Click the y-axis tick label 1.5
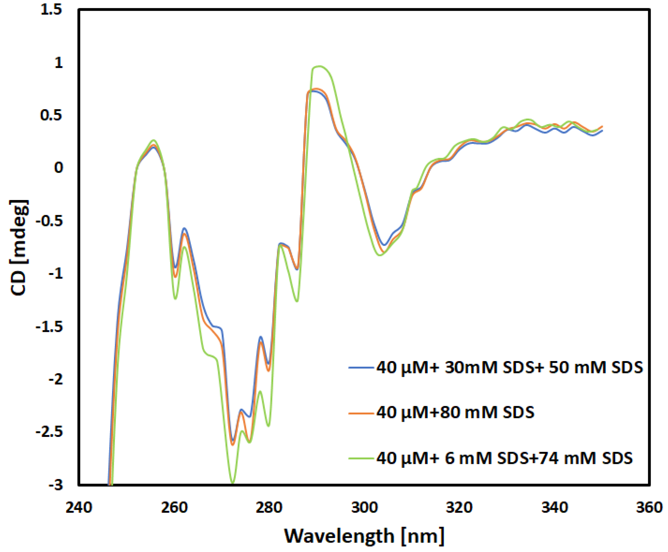[51, 10]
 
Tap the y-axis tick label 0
[59, 168]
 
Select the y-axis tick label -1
[56, 274]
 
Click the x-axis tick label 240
[79, 508]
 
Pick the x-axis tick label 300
[364, 508]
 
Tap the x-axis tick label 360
[649, 508]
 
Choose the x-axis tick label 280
[269, 508]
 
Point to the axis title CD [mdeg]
[19, 248]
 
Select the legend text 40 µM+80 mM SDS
[455, 413]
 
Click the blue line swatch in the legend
[361, 368]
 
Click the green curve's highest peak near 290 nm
[319, 66]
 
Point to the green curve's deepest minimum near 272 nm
[232, 483]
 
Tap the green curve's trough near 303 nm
[380, 255]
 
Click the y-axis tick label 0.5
[51, 115]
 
